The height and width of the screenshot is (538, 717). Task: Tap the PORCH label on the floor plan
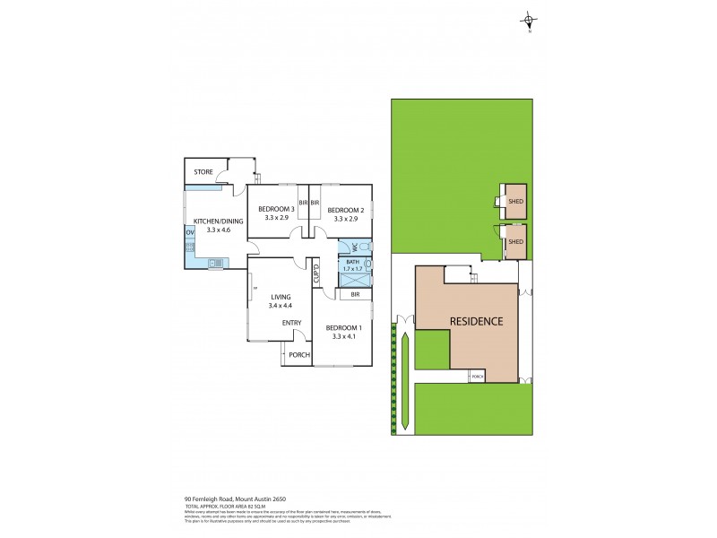tap(298, 354)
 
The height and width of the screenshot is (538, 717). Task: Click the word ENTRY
tap(291, 323)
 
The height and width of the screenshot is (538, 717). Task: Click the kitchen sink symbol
tap(216, 263)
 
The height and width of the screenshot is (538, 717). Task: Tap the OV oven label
tap(190, 233)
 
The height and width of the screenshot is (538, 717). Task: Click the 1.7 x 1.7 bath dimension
tap(351, 268)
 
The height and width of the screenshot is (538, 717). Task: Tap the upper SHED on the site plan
tap(515, 203)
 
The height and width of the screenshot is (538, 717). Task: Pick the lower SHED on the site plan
tap(515, 241)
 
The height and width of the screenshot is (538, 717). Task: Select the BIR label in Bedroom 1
tap(355, 293)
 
